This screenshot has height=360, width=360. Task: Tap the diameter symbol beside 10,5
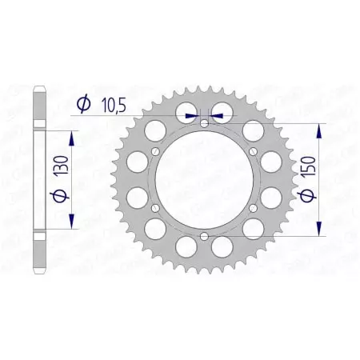click(x=82, y=103)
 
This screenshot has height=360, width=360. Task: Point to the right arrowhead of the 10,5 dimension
click(x=215, y=115)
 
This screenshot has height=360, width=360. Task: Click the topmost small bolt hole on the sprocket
click(x=204, y=123)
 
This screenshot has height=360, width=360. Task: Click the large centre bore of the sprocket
click(x=204, y=180)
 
